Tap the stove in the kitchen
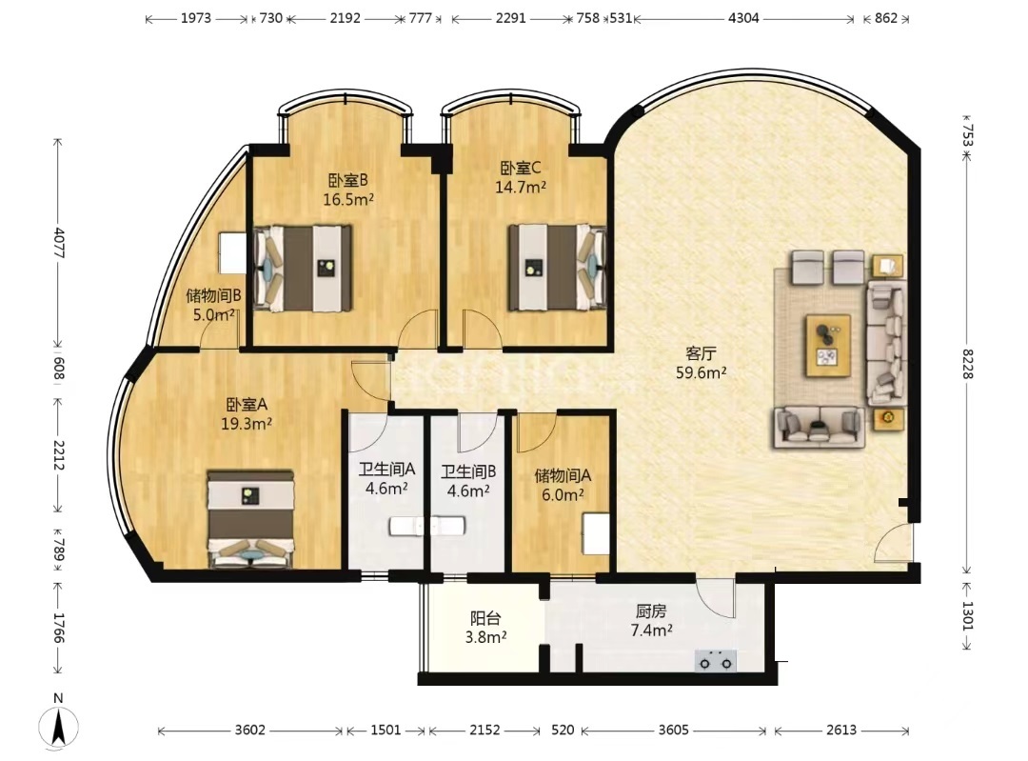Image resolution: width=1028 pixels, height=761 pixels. tap(715, 661)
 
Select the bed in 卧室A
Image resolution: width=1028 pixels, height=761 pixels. tap(250, 518)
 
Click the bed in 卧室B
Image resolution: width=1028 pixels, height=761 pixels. tap(303, 269)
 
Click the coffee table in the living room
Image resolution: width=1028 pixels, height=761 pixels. tap(828, 346)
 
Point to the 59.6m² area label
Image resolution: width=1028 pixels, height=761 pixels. tap(701, 373)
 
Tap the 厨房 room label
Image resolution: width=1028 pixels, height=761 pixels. tap(651, 611)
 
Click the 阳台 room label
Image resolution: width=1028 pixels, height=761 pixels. tap(485, 618)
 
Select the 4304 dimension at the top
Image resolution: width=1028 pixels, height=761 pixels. tap(743, 18)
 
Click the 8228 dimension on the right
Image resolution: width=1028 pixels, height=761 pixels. tap(968, 364)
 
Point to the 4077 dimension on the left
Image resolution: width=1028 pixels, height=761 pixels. tap(59, 243)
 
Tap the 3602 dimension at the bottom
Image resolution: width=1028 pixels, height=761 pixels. tap(249, 730)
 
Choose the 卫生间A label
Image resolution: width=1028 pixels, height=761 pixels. tap(386, 470)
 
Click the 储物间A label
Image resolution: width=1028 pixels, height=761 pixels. tap(563, 475)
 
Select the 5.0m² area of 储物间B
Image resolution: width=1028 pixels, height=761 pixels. tap(214, 315)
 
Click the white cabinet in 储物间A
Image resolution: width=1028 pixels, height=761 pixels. tap(597, 534)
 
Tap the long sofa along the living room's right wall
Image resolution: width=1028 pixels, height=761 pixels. tap(886, 343)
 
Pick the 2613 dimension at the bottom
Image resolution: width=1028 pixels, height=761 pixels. tap(841, 730)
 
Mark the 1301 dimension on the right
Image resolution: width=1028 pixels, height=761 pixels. tap(968, 615)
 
